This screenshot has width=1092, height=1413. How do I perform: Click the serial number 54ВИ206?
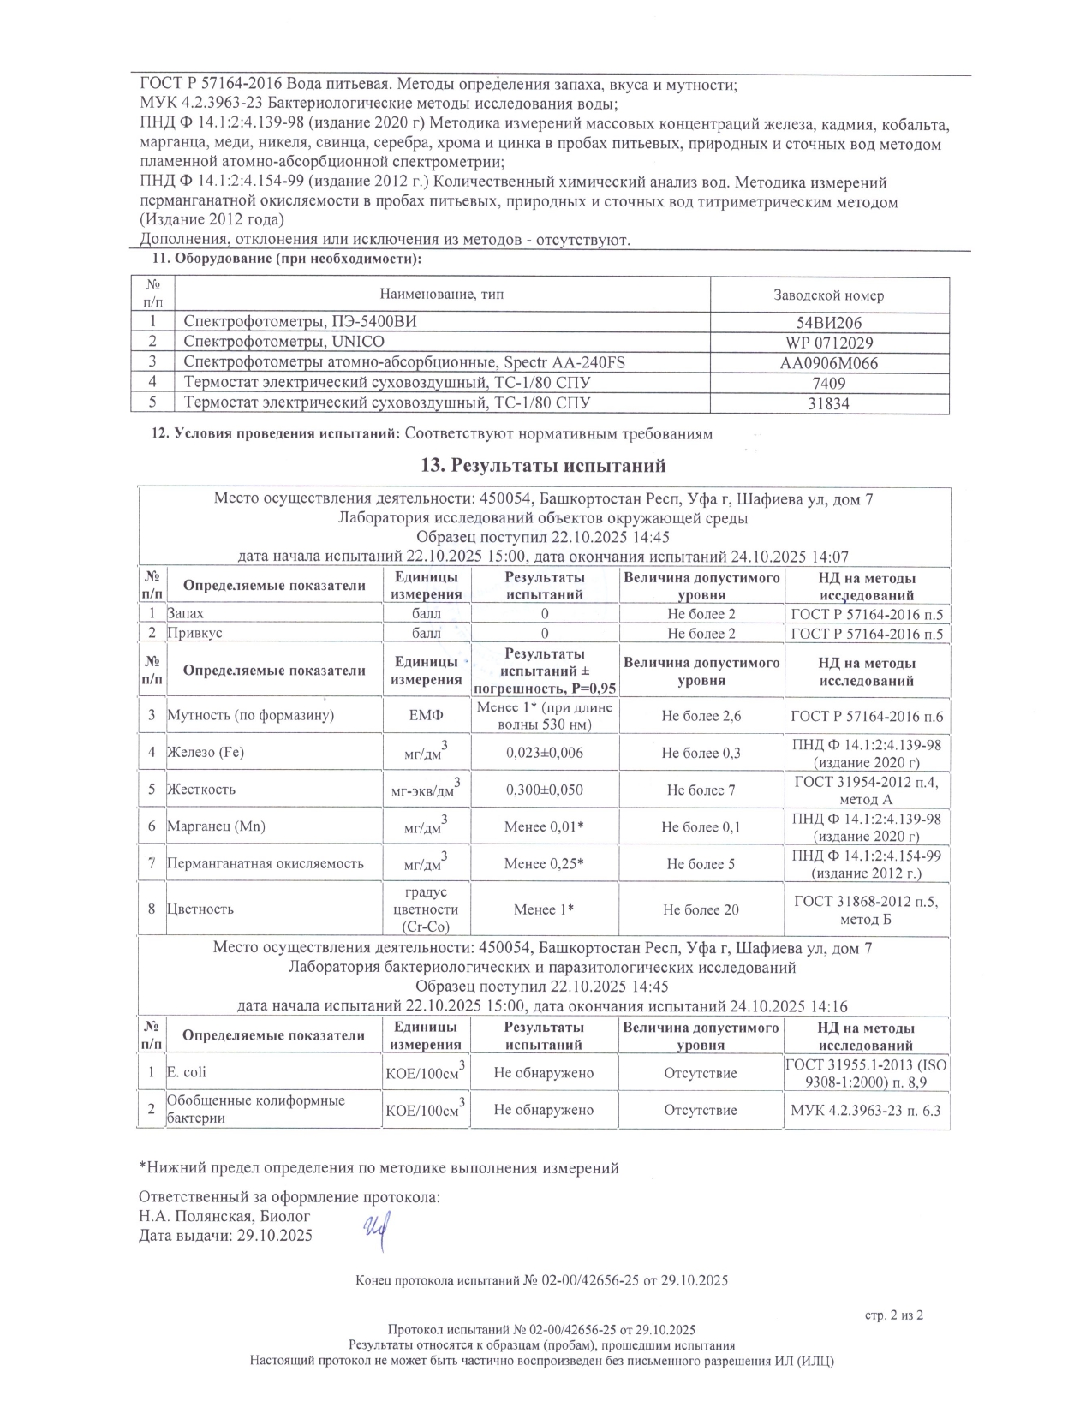[x=828, y=323]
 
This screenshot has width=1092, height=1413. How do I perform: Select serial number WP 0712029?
[x=828, y=343]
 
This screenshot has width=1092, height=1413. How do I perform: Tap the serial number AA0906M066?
[x=828, y=363]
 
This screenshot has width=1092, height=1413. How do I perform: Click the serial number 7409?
[x=828, y=384]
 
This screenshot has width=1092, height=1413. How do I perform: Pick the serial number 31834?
[x=828, y=403]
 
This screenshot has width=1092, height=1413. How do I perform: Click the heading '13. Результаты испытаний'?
[x=543, y=466]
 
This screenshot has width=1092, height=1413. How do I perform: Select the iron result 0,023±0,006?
[x=544, y=753]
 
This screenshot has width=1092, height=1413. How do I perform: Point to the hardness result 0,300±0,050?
[x=544, y=790]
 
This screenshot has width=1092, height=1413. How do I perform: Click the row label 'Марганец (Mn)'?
[x=216, y=826]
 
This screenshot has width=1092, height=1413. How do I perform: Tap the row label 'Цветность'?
[x=200, y=909]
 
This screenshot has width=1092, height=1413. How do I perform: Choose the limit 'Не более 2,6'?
[x=701, y=716]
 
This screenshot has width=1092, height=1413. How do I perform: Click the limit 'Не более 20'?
[x=701, y=909]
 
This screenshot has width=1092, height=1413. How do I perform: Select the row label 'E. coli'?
[x=187, y=1072]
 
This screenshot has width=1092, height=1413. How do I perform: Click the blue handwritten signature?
[x=373, y=1233]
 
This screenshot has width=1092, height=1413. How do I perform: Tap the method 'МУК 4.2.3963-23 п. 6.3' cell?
[x=867, y=1110]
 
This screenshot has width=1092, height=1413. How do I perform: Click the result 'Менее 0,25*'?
[x=544, y=864]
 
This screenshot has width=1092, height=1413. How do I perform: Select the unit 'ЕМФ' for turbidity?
[x=426, y=716]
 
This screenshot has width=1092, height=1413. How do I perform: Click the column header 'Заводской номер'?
[x=828, y=295]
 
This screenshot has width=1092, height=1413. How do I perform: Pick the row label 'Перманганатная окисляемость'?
[x=265, y=863]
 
